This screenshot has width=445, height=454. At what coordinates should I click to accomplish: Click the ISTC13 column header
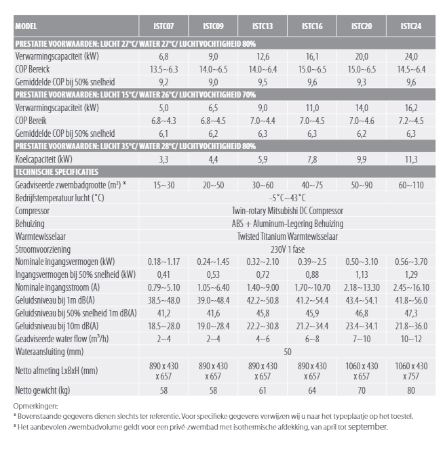click(263, 26)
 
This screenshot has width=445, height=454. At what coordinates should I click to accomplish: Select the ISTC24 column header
click(411, 26)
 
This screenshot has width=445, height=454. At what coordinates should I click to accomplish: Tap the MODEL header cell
click(26, 26)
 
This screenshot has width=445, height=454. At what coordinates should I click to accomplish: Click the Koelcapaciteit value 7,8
click(312, 159)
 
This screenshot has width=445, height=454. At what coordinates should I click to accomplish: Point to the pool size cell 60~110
click(411, 185)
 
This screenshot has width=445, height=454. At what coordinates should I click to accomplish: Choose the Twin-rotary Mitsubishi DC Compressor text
click(288, 211)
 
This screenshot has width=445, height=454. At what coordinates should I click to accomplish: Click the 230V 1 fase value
click(288, 249)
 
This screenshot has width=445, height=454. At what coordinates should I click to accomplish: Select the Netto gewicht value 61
click(263, 390)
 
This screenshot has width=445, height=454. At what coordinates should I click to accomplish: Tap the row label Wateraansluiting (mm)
click(50, 352)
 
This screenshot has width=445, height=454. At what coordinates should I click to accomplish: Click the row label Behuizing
click(30, 224)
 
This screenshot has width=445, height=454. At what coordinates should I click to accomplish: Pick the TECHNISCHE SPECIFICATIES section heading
click(57, 172)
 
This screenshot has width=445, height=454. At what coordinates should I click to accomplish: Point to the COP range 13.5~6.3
click(163, 70)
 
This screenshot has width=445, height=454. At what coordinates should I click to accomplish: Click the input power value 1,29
click(411, 275)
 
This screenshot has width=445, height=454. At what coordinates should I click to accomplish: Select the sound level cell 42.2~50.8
click(263, 300)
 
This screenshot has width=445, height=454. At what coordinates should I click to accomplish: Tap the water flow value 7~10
click(362, 339)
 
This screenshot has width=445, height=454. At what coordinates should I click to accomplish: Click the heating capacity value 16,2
click(411, 108)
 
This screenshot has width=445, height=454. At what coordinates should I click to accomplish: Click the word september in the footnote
click(368, 427)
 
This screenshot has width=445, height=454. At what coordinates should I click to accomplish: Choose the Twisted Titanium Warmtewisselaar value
click(288, 236)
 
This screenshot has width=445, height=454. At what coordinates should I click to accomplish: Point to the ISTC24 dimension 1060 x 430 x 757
click(411, 371)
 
